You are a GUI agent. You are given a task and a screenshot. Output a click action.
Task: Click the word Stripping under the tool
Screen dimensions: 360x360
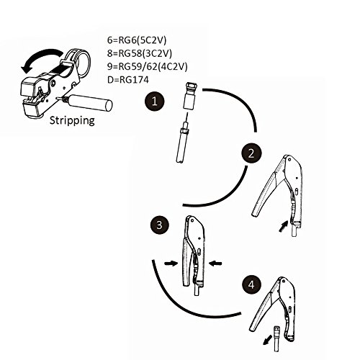coord(72,120)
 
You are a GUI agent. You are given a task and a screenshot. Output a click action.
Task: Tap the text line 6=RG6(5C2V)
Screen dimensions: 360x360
coord(137,40)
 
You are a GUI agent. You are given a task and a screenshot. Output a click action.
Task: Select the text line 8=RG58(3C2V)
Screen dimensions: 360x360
coord(140,53)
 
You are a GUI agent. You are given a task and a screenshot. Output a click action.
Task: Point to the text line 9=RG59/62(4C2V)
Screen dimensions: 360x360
coord(147,66)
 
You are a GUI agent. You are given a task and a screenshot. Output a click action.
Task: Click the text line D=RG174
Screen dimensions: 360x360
coord(128,79)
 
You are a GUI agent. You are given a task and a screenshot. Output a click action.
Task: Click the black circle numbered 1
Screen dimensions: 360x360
coord(155,101)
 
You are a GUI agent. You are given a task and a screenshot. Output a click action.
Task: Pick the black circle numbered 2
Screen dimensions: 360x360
coord(251,153)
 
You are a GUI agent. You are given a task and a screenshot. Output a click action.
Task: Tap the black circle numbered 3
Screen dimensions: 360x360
coord(159,225)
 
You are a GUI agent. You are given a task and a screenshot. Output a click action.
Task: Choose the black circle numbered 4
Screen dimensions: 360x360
coord(251,285)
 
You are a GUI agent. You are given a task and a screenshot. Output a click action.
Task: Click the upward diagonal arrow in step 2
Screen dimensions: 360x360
coord(283,226)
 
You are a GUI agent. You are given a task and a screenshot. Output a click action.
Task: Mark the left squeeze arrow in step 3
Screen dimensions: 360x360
coord(171,264)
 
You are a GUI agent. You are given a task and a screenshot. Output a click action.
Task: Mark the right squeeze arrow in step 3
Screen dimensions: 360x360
coord(215,264)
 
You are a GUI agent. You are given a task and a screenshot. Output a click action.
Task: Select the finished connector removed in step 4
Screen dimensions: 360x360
coord(277,338)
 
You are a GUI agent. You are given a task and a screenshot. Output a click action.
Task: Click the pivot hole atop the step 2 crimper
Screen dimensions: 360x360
coord(289,159)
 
